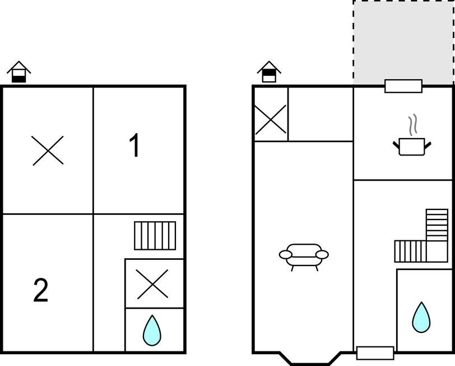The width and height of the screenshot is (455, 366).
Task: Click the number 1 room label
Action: point(134,145)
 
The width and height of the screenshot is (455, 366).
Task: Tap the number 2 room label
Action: point(40,290)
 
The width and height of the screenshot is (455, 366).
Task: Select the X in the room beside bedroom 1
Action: point(48,150)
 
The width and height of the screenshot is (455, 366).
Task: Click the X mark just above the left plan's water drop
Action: point(152,284)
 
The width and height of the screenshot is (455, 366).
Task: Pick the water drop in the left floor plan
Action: point(152,331)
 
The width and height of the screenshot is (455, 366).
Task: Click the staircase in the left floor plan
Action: point(155,235)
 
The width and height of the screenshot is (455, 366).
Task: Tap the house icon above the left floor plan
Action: point(19,72)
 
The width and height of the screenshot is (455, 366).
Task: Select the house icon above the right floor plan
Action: point(269,72)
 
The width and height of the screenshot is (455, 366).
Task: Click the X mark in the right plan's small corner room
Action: point(271,120)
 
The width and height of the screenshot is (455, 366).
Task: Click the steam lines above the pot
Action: point(414,125)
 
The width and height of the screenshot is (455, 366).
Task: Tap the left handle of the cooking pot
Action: point(396,144)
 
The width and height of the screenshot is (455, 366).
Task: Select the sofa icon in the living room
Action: point(304,257)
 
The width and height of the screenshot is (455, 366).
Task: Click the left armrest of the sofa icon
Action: point(286,255)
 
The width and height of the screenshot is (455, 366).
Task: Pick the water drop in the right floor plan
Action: point(421,318)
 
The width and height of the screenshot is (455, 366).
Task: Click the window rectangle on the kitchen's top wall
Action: point(403,86)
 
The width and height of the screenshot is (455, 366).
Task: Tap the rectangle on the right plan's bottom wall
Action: point(375,353)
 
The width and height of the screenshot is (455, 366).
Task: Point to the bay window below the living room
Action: point(310,359)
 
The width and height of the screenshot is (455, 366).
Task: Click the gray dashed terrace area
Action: point(403,43)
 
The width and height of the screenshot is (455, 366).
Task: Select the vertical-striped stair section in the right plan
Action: point(410,251)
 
